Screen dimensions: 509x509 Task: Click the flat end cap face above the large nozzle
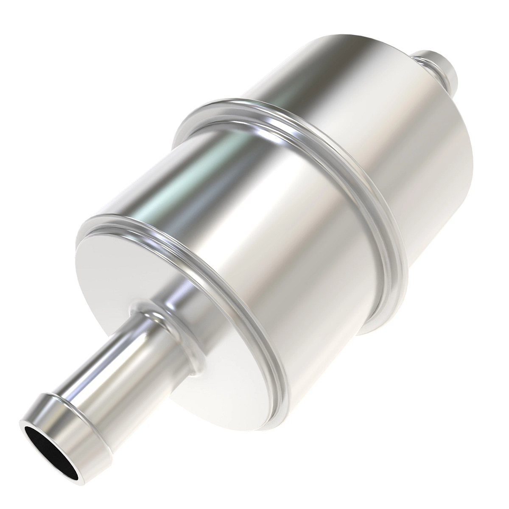tap(140, 263)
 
